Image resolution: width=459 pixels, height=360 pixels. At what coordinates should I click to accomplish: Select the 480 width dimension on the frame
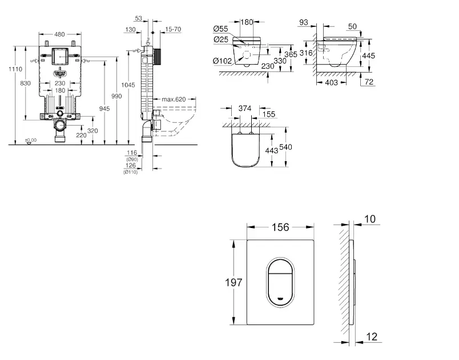(x=59, y=33)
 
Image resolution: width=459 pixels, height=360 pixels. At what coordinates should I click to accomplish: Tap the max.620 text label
(x=174, y=99)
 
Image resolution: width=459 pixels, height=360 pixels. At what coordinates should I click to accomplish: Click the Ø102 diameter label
(x=222, y=61)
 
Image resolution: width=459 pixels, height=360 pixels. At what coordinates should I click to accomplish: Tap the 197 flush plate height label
(x=234, y=282)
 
